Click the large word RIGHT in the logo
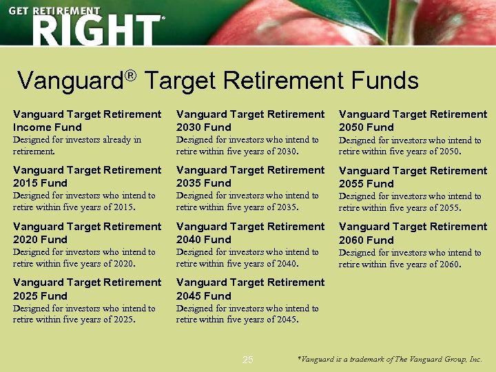pyautogui.click(x=95, y=31)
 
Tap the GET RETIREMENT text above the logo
pyautogui.click(x=54, y=11)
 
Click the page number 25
pyautogui.click(x=248, y=360)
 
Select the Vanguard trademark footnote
pyautogui.click(x=389, y=360)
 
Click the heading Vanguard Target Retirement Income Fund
pyautogui.click(x=87, y=121)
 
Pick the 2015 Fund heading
pyautogui.click(x=87, y=176)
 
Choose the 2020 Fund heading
pyautogui.click(x=87, y=233)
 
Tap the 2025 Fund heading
pyautogui.click(x=87, y=289)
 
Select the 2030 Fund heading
pyautogui.click(x=250, y=121)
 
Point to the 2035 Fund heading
pyautogui.click(x=250, y=176)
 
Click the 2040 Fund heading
pyautogui.click(x=250, y=233)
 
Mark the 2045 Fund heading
pyautogui.click(x=250, y=289)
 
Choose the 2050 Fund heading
pyautogui.click(x=413, y=121)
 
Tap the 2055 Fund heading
pyautogui.click(x=413, y=177)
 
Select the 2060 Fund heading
pyautogui.click(x=413, y=233)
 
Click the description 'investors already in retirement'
pyautogui.click(x=77, y=145)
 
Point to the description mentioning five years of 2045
pyautogui.click(x=247, y=313)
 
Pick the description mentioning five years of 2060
pyautogui.click(x=410, y=258)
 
